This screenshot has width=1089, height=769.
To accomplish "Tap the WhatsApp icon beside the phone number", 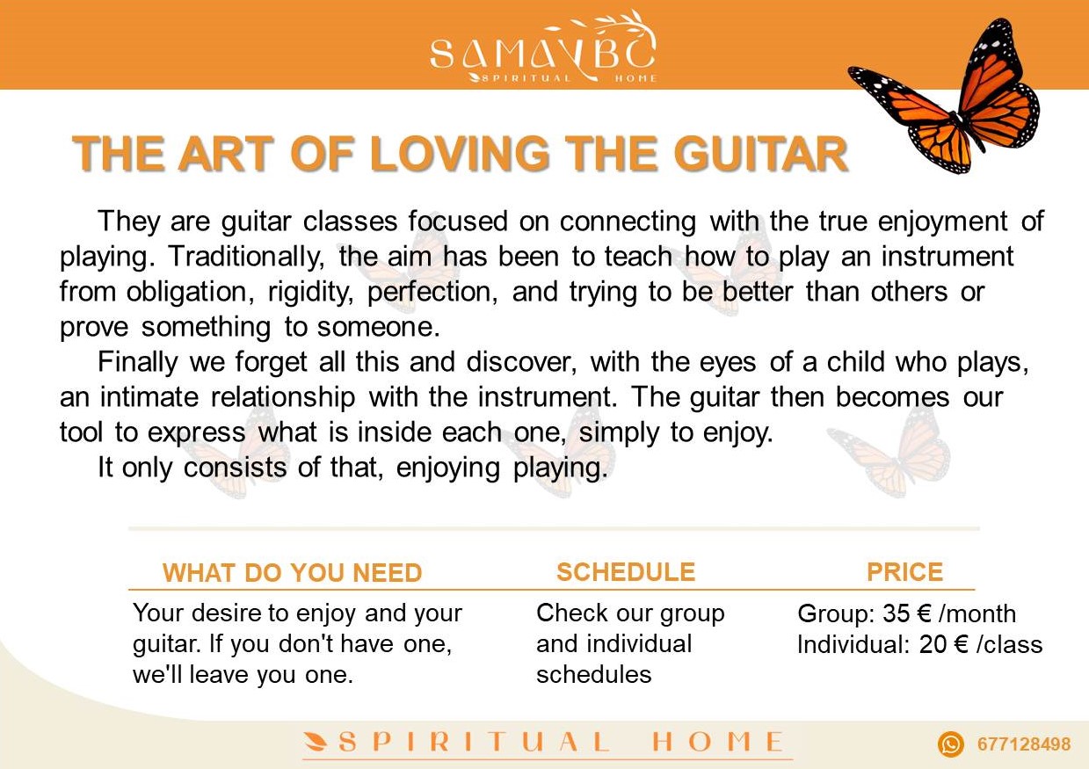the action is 950,744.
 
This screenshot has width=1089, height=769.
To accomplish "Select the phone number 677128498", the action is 1024,744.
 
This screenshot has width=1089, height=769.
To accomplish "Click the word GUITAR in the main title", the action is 761,154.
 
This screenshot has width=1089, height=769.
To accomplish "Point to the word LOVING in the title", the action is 460,154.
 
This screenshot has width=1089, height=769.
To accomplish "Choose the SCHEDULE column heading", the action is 626,571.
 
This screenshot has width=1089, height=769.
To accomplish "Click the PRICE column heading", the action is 904,571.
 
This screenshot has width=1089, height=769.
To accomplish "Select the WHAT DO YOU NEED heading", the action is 292,573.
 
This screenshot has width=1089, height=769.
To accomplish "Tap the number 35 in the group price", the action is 896,613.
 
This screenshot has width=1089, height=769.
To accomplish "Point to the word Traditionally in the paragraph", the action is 246,258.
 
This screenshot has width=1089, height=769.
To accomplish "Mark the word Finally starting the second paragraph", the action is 138,363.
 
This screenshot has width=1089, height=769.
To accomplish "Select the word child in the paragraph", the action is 856,362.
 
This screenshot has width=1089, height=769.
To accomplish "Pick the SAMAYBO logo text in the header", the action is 543,54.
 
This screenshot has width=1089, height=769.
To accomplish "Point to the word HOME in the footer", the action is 717,743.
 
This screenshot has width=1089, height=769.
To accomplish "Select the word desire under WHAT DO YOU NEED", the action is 219,613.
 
